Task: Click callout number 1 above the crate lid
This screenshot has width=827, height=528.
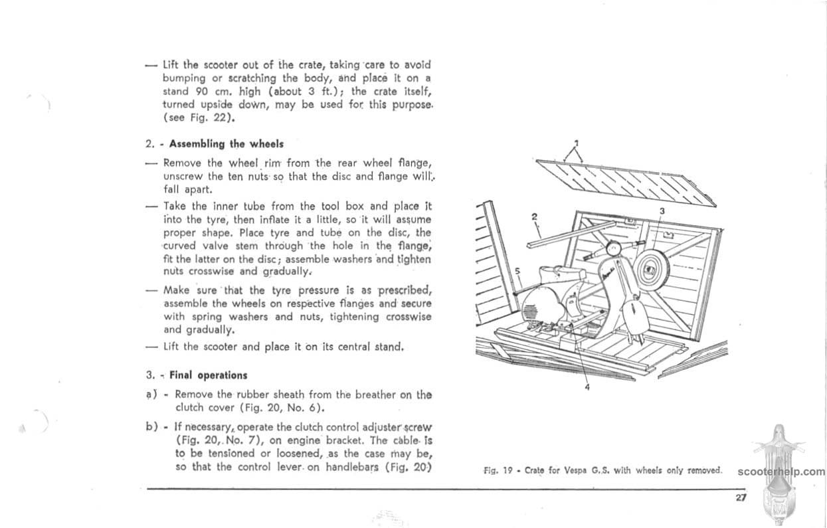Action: click(576, 143)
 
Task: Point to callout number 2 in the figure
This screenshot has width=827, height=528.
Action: click(535, 217)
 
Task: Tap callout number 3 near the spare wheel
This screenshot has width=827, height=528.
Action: click(662, 211)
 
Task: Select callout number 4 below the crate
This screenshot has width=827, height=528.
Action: click(587, 388)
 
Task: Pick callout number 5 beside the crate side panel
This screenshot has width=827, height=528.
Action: click(517, 272)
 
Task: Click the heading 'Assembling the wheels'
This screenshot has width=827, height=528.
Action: click(227, 143)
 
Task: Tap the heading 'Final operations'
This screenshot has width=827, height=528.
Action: click(209, 375)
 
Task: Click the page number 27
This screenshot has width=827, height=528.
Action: click(741, 498)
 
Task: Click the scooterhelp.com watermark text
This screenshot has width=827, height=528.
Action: click(781, 472)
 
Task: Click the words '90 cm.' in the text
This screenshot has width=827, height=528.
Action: click(211, 92)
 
